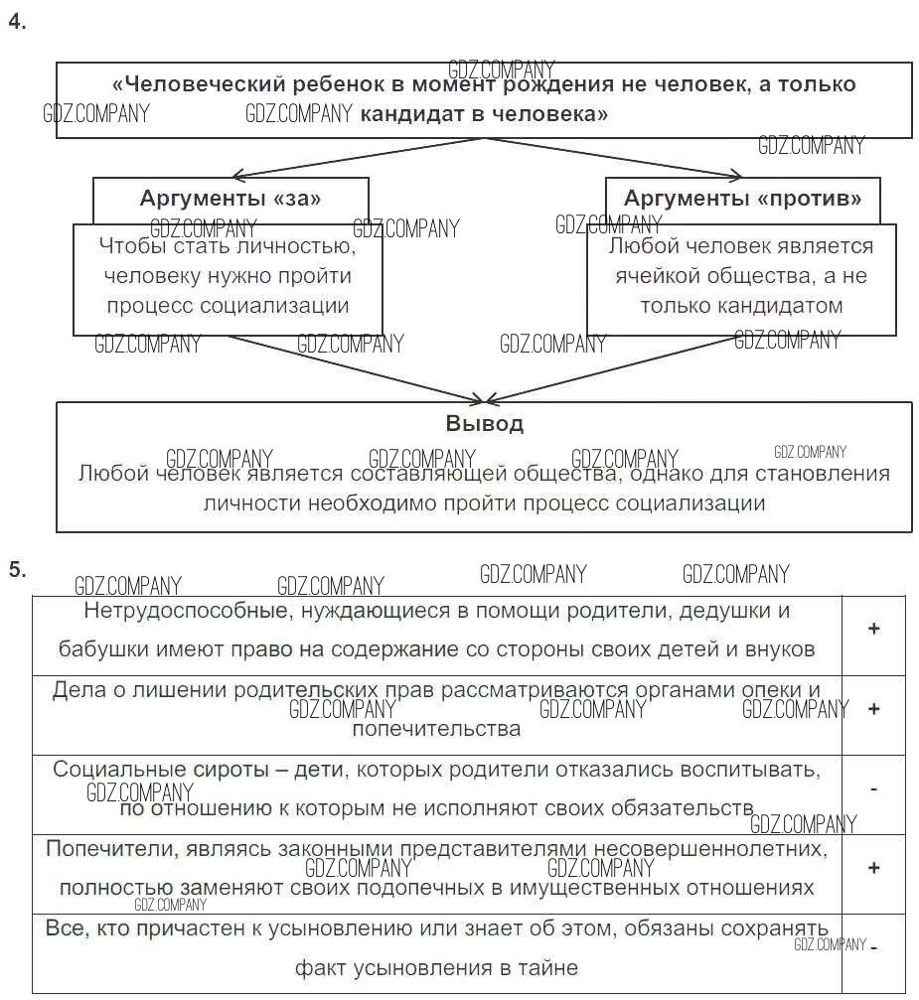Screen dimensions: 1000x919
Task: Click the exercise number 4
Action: point(16,24)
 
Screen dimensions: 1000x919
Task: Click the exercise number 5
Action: point(16,569)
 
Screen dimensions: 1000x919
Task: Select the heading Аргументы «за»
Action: point(230,198)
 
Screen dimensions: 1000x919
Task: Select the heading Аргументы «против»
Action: point(742,198)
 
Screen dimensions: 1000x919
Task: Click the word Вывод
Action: point(484,423)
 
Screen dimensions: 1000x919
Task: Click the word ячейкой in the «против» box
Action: point(655,275)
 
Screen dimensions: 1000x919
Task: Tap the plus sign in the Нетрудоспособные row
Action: point(873,629)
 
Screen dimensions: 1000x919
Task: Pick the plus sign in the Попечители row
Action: point(873,868)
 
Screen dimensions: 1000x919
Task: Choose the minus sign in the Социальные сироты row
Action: point(873,788)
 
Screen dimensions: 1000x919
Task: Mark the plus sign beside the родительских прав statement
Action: point(873,709)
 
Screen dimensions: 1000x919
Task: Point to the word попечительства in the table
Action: point(436,729)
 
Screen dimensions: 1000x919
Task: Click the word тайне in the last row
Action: point(545,967)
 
